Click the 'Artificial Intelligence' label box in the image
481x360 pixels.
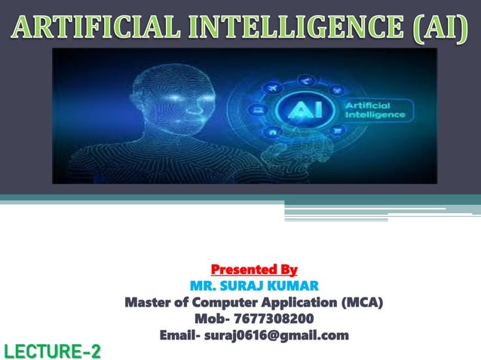pyautogui.click(x=374, y=111)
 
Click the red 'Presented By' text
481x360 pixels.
pyautogui.click(x=254, y=269)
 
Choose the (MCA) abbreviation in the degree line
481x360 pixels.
pyautogui.click(x=361, y=303)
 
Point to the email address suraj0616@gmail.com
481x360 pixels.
pyautogui.click(x=277, y=335)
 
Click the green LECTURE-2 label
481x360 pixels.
pyautogui.click(x=52, y=350)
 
